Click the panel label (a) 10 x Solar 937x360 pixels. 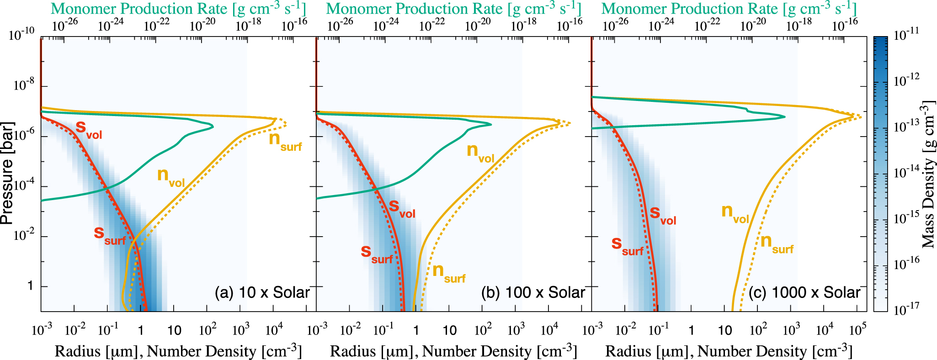pos(262,292)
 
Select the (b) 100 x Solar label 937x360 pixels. pos(533,292)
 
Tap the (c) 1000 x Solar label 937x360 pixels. pos(804,292)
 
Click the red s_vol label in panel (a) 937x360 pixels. pos(89,129)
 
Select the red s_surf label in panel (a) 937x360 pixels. pos(109,235)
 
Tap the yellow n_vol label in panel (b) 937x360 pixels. pos(480,153)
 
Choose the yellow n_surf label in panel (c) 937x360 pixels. pos(777,244)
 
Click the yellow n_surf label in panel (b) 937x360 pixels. pos(448,273)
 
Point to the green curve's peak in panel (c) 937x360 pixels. pos(784,117)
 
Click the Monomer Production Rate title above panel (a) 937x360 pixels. pos(178,9)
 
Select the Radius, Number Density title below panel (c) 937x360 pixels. pos(729,351)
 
